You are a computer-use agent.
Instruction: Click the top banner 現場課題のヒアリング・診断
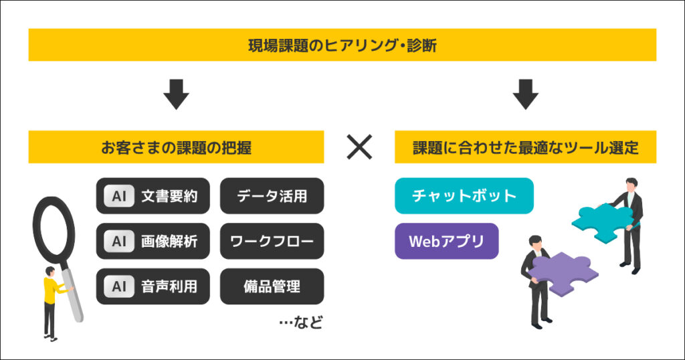[342, 45]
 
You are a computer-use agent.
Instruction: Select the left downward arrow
[177, 95]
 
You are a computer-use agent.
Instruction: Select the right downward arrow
[525, 95]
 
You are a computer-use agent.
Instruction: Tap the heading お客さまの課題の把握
[176, 147]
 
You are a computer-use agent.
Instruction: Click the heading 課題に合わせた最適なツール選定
[525, 147]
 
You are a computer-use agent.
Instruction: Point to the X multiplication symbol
[359, 147]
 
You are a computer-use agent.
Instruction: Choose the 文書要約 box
[153, 196]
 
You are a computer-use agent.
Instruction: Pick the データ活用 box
[272, 196]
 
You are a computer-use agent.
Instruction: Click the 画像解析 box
[153, 241]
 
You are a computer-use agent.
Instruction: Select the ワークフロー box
[272, 241]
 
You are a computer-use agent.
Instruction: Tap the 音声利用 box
[153, 286]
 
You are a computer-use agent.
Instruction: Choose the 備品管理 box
[272, 286]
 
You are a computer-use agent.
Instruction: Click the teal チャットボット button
[464, 195]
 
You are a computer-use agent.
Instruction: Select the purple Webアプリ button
[446, 241]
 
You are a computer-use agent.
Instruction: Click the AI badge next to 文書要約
[119, 196]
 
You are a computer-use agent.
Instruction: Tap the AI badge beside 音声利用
[119, 286]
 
